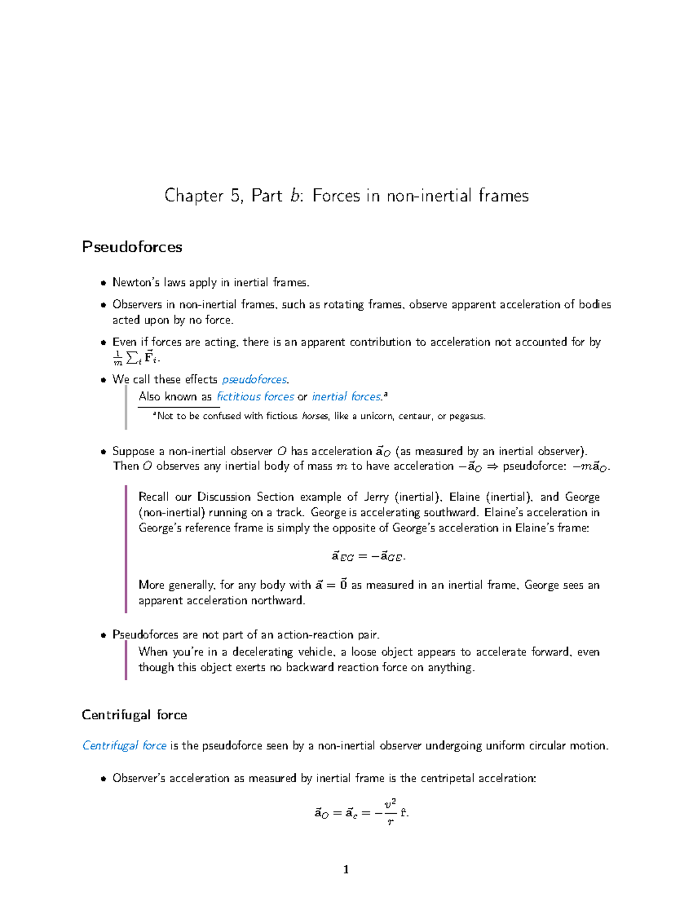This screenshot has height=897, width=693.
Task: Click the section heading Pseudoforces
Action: coord(132,247)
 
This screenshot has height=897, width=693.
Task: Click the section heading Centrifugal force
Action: coord(134,715)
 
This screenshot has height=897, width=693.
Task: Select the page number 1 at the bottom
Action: coord(346,870)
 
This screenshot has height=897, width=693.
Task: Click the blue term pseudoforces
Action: coord(254,379)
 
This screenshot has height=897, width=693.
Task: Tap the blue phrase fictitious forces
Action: coord(255,397)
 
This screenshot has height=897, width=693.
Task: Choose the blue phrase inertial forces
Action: coord(346,397)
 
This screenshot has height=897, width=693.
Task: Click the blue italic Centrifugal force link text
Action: coord(124,746)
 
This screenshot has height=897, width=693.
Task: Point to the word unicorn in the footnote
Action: coord(377,416)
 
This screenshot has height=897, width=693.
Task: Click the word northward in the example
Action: coord(278,601)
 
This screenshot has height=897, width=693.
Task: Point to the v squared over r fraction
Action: coord(391,812)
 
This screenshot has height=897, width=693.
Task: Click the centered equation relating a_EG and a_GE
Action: coord(368,557)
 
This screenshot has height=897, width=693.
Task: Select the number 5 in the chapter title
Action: coord(236,196)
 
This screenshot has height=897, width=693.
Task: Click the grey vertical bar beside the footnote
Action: coord(126,407)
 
